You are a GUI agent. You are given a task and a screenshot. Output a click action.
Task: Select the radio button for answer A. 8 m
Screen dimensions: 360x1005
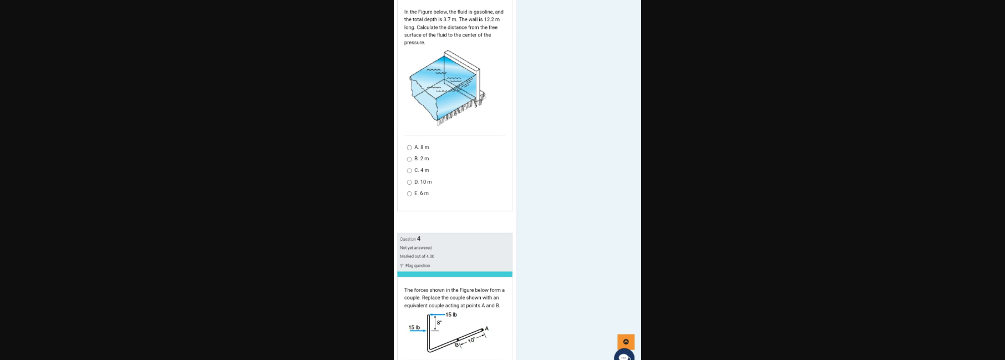pyautogui.click(x=409, y=148)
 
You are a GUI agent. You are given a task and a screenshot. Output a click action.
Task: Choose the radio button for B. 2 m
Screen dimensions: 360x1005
pyautogui.click(x=409, y=159)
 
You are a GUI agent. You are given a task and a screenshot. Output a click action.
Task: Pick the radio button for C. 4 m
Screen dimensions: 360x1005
pyautogui.click(x=409, y=171)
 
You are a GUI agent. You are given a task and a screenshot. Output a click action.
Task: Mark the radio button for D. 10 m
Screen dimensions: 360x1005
pyautogui.click(x=409, y=182)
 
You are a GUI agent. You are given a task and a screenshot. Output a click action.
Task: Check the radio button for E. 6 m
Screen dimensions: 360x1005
pyautogui.click(x=409, y=194)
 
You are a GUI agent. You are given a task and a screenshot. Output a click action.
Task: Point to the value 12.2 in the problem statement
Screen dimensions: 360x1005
pyautogui.click(x=489, y=19)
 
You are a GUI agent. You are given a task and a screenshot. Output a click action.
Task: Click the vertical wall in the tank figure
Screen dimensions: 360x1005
pyautogui.click(x=476, y=83)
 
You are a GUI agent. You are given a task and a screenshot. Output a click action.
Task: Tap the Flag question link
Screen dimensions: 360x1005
pyautogui.click(x=417, y=266)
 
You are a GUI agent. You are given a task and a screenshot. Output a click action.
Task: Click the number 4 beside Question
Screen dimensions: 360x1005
pyautogui.click(x=419, y=239)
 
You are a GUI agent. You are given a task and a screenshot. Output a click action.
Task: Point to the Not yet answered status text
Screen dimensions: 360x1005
pyautogui.click(x=415, y=248)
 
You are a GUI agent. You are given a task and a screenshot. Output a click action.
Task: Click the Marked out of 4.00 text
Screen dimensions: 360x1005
pyautogui.click(x=417, y=256)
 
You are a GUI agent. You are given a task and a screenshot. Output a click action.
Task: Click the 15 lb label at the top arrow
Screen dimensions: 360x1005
pyautogui.click(x=451, y=315)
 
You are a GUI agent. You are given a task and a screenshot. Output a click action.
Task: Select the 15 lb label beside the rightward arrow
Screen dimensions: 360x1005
pyautogui.click(x=414, y=327)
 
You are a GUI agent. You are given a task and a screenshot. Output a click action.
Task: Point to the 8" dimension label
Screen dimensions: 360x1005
pyautogui.click(x=439, y=322)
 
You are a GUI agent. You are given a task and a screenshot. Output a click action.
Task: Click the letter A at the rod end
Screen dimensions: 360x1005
pyautogui.click(x=486, y=328)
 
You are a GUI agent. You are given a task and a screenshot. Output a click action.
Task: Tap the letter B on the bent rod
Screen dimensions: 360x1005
pyautogui.click(x=456, y=345)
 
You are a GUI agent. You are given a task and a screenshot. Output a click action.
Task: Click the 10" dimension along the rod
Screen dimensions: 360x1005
pyautogui.click(x=471, y=340)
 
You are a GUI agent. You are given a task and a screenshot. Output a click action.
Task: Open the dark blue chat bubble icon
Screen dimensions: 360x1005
pyautogui.click(x=624, y=356)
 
